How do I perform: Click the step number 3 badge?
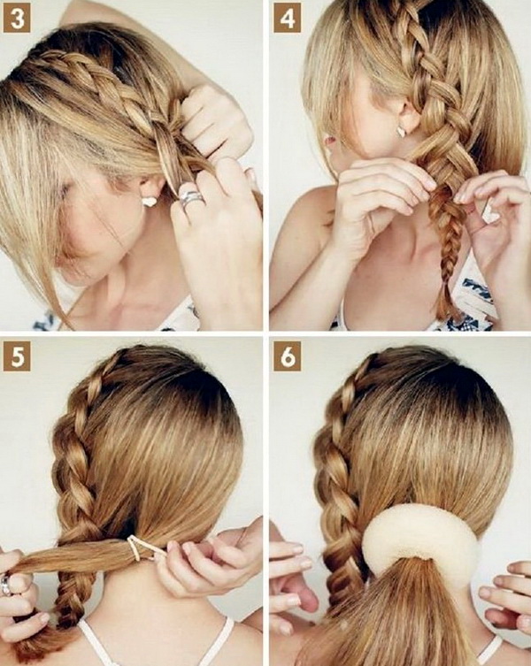coord(17,19)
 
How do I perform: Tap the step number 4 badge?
coord(287,19)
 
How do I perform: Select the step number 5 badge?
coord(17,356)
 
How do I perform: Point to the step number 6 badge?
coord(287,356)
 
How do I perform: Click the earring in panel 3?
coord(150,202)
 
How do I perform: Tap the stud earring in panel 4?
coord(401,132)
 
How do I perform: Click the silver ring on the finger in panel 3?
coord(190,199)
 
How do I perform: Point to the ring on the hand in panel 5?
coord(6,585)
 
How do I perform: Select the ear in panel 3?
coord(151,189)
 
